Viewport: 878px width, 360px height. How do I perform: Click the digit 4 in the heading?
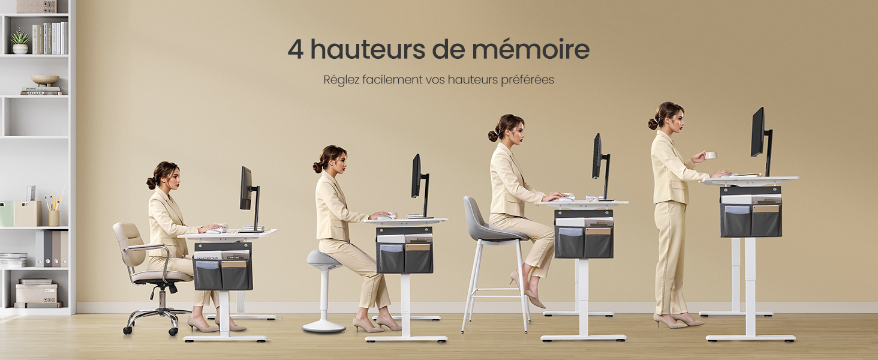(x=295, y=50)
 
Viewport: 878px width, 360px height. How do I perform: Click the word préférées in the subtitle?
(x=527, y=79)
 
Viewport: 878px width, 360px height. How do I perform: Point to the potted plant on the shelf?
(x=20, y=41)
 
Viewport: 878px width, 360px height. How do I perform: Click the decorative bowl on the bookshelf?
(x=45, y=80)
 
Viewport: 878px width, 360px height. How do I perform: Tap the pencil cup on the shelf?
(x=54, y=217)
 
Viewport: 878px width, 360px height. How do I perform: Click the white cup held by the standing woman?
(x=711, y=155)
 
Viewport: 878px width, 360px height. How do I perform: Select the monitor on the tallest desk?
(x=758, y=133)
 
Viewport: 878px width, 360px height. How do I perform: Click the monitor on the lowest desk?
(x=246, y=188)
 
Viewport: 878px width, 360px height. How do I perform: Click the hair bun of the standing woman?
(x=653, y=124)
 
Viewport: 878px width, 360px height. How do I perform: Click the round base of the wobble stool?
(x=324, y=327)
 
